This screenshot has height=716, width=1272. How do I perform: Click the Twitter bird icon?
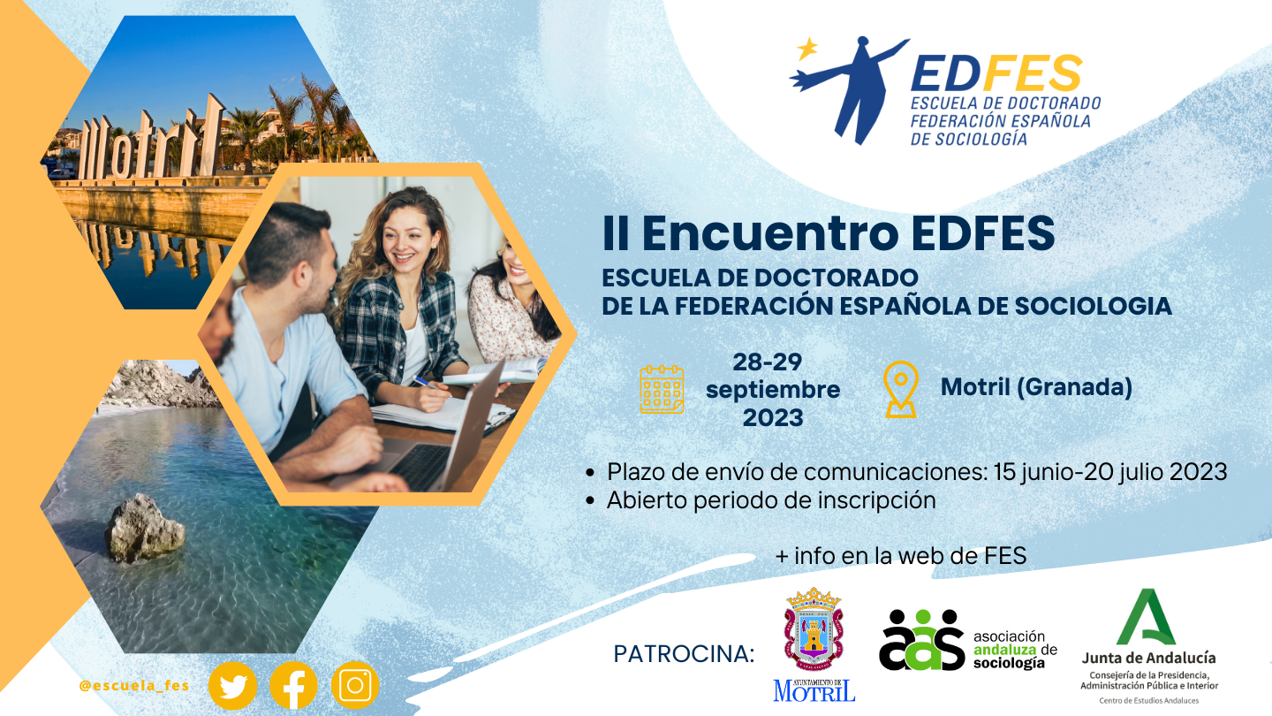point(233,685)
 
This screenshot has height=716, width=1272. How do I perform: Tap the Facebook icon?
point(293,685)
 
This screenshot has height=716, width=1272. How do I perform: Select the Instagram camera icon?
point(355,685)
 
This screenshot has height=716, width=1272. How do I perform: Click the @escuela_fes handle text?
point(134,686)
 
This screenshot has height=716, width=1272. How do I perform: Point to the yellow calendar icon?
point(662,389)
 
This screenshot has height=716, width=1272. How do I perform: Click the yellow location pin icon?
point(901,389)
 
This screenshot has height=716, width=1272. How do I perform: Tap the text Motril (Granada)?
point(1036,387)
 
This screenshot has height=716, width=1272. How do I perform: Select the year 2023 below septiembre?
point(773,417)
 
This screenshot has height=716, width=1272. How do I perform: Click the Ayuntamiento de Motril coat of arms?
point(814,629)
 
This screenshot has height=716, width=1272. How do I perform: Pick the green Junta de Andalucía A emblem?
point(1146,617)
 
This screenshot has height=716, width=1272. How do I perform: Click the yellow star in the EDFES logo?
point(807,49)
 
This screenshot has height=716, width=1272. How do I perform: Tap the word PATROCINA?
point(684,654)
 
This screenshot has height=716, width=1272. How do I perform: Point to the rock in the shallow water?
point(145,528)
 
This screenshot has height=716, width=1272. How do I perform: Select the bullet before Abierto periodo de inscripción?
point(591,500)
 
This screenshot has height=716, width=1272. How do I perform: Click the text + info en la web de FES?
point(901,556)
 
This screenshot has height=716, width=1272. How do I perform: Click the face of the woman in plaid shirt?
point(405,239)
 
